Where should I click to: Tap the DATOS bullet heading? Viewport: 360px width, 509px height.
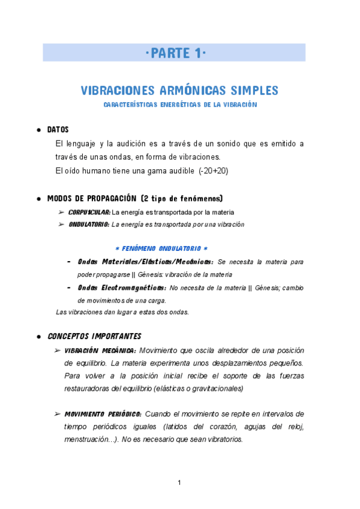58,130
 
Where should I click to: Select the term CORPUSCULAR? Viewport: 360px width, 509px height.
89,212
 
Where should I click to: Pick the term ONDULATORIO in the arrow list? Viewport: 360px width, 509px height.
88,224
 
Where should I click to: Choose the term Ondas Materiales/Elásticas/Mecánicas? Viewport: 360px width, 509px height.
145,262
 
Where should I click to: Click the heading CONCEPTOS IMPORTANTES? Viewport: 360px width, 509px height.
94,336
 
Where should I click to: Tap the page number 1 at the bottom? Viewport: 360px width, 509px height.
180,483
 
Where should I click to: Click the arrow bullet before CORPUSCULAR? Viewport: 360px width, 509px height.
62,212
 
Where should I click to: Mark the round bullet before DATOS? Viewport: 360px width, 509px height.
39,130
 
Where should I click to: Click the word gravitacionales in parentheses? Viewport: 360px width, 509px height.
214,388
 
